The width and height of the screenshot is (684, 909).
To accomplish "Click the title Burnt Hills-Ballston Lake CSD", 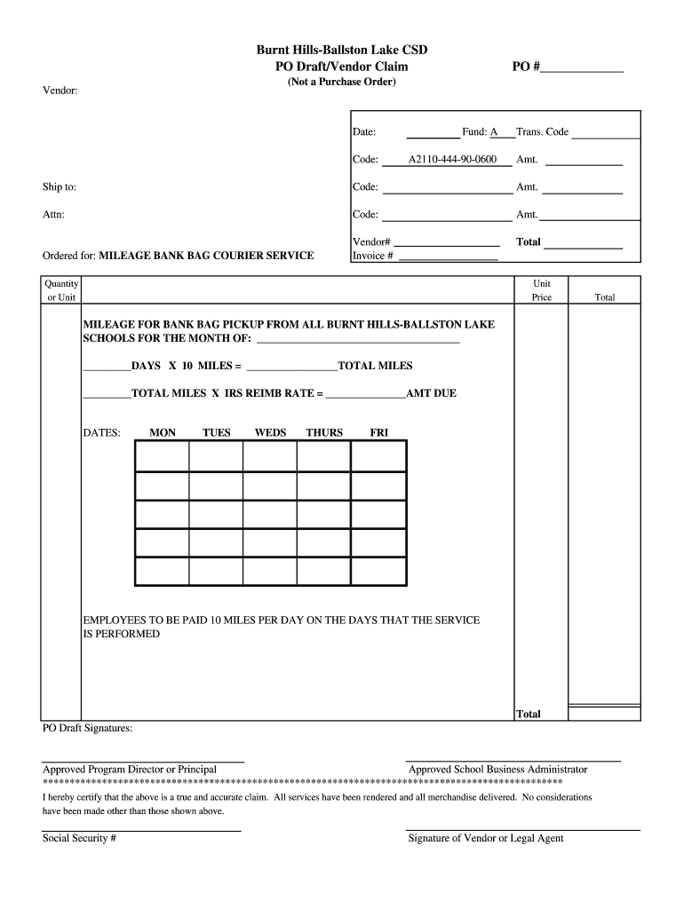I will pos(342,51).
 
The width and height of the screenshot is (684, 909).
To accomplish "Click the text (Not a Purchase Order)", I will pos(341,83).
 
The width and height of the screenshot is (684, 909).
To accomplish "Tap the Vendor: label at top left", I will pos(60,91).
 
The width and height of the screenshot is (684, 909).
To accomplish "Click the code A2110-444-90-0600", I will pos(452,161).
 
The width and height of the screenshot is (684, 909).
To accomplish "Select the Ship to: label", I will pos(60,187).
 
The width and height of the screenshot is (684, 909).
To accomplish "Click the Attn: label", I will pos(53,215).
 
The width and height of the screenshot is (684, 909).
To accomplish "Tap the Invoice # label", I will pos(373,256).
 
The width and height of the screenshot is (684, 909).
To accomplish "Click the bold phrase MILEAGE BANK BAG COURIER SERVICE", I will pos(206,256).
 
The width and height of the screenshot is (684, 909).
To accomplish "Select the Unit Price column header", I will pos(542,290).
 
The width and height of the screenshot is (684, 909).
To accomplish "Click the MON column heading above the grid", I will pos(163,433).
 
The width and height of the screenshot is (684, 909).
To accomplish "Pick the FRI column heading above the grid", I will pos(378,433).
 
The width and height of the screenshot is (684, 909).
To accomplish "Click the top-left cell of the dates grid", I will pos(162,456).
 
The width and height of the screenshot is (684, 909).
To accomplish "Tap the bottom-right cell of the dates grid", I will pos(378,572).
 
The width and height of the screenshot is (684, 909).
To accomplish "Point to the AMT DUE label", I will pos(431,392).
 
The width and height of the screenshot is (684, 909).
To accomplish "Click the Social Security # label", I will pos(80,839).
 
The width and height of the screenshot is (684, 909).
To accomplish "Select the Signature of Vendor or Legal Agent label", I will pos(485,839).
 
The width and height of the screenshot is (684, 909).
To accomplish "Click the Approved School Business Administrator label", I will pos(497,770).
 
